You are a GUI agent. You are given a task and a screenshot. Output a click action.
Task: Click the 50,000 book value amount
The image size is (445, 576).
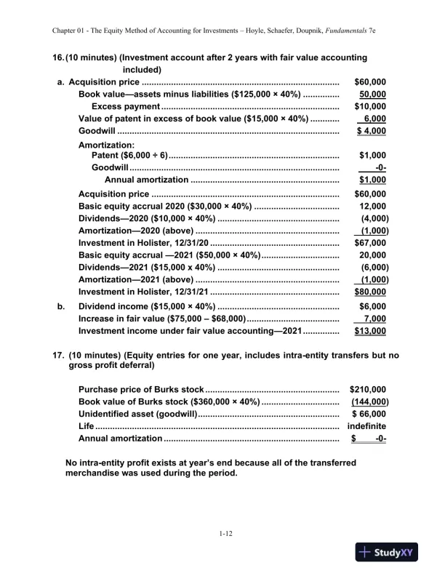click(373, 95)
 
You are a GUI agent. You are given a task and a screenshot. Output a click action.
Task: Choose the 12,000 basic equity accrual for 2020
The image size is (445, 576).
click(373, 207)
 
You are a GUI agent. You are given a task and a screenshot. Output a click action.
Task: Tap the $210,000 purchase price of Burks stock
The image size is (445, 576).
click(368, 389)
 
